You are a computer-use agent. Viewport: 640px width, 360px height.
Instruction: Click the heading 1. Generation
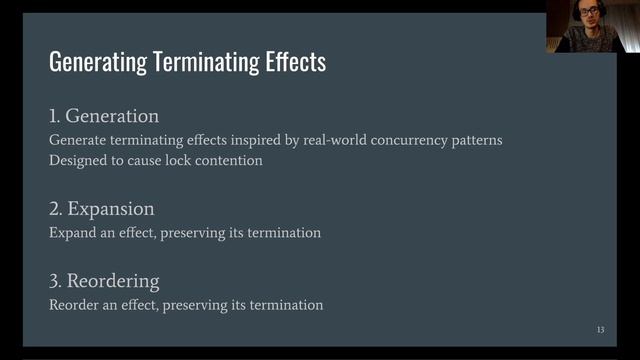pyautogui.click(x=104, y=116)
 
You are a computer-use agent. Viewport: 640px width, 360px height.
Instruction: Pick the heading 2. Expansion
pyautogui.click(x=102, y=209)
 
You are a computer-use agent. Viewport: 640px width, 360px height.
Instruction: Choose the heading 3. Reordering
pyautogui.click(x=104, y=281)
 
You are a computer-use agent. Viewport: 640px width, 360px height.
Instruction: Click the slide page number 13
pyautogui.click(x=600, y=329)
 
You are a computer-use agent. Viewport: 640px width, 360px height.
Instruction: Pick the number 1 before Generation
pyautogui.click(x=54, y=116)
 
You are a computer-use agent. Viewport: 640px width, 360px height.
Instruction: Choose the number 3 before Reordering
pyautogui.click(x=55, y=281)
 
